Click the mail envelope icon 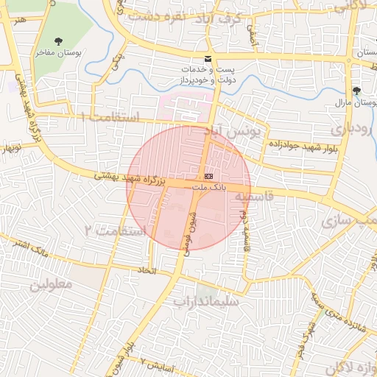click(208, 59)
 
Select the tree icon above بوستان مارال click(356, 90)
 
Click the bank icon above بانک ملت click(209, 177)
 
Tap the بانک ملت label click(209, 188)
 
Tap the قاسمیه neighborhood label click(255, 197)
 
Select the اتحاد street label click(140, 271)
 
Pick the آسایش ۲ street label click(158, 363)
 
